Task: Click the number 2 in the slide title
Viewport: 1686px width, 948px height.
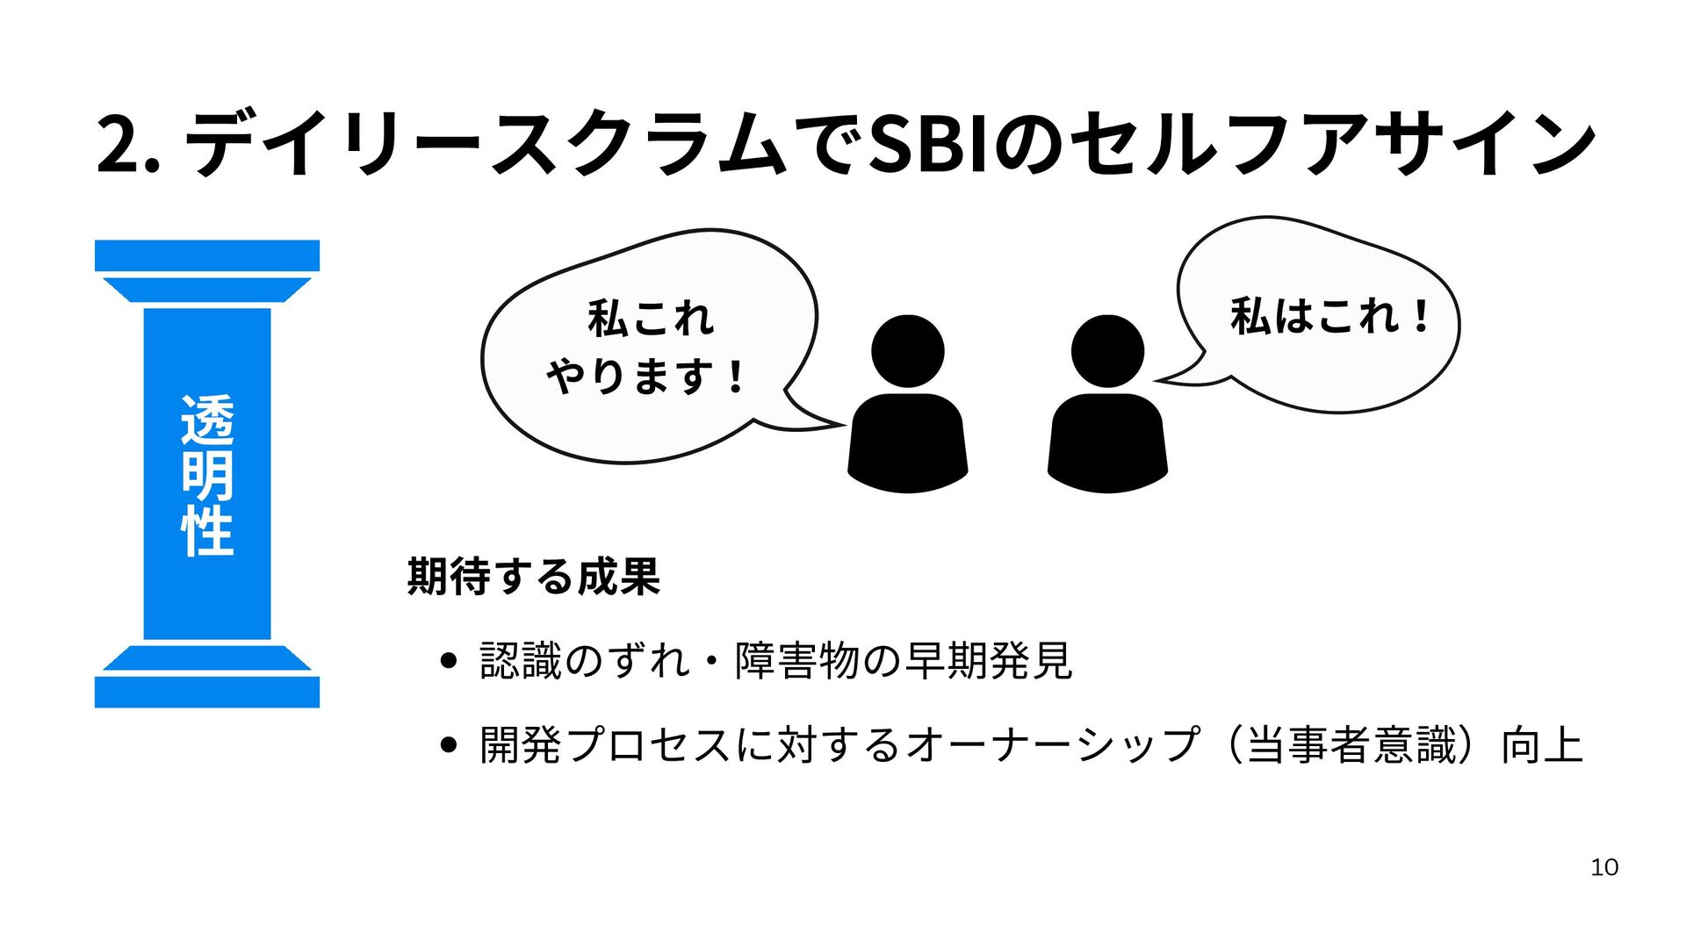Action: click(119, 144)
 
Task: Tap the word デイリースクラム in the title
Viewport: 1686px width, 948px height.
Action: click(483, 144)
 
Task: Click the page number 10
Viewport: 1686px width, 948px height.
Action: click(1603, 867)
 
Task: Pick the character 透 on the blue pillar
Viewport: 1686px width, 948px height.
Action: click(207, 420)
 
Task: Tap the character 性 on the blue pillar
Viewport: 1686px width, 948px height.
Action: click(207, 530)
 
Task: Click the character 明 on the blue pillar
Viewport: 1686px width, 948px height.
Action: click(207, 476)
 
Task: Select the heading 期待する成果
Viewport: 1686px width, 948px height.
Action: click(533, 577)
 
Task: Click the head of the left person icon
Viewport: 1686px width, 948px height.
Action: click(907, 350)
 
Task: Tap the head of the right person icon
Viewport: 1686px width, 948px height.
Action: click(1107, 350)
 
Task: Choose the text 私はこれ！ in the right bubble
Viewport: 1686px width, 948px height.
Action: click(1329, 316)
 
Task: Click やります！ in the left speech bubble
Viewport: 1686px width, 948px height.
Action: click(646, 377)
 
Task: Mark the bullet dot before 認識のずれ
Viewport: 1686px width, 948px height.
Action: click(449, 661)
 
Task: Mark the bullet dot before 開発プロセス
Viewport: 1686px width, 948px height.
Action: click(449, 745)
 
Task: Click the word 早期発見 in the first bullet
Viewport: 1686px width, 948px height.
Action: click(988, 661)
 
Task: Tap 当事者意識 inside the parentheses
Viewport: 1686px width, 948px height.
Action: click(1351, 745)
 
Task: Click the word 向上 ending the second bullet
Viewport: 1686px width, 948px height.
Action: click(1542, 745)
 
